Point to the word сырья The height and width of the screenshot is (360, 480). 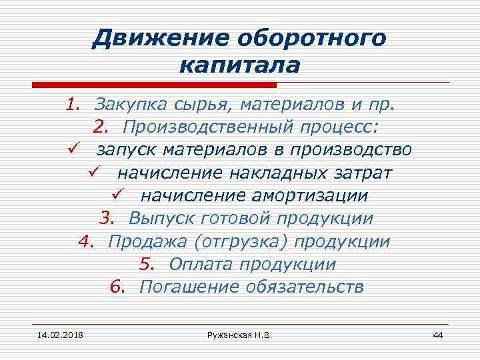(179, 105)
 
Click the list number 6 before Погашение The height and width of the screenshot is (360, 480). (117, 287)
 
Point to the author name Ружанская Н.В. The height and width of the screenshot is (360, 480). (239, 334)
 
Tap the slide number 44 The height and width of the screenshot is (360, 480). (438, 334)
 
